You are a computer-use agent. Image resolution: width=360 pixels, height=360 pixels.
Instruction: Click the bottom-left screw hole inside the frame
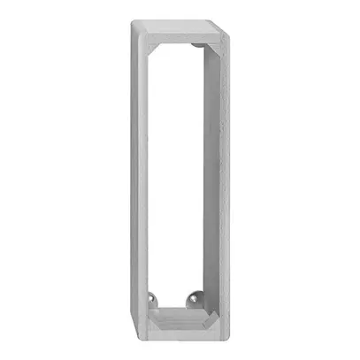tap(156, 299)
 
